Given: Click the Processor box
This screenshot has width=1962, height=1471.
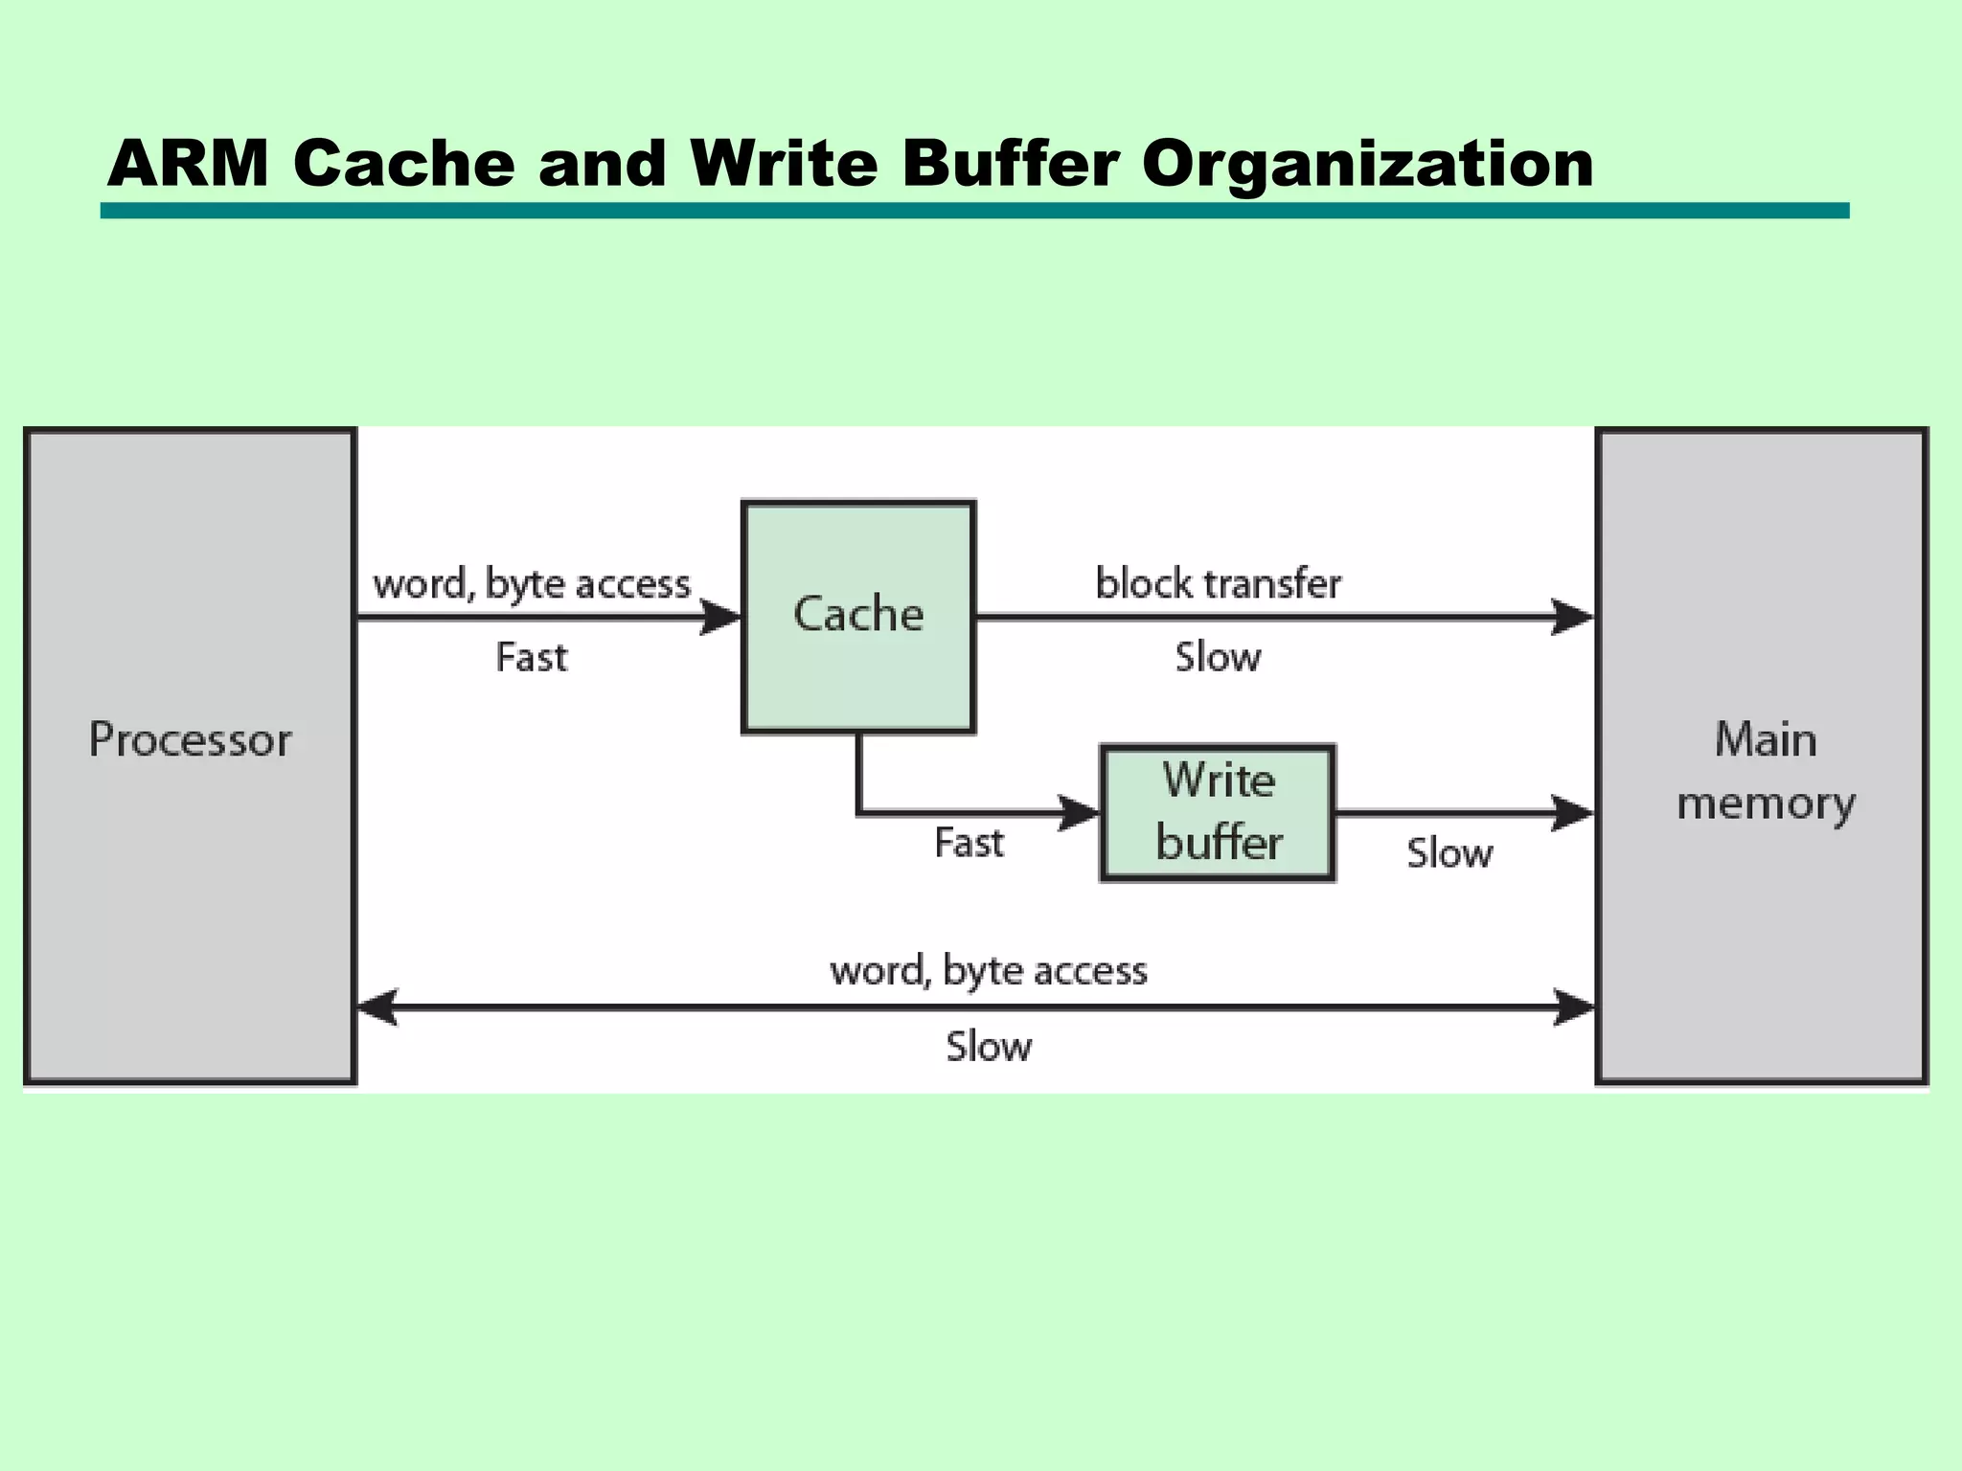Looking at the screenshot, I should (190, 756).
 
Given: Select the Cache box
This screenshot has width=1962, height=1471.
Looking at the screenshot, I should (858, 616).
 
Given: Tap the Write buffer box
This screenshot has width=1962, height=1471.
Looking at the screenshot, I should (1218, 812).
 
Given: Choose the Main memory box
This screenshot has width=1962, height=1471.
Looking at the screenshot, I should (1761, 756).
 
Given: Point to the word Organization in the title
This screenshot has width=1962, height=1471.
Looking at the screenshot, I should (1367, 165).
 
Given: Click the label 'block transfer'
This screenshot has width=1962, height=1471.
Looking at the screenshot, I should (1218, 583).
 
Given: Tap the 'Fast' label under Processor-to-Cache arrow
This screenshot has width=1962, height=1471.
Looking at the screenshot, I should (532, 657).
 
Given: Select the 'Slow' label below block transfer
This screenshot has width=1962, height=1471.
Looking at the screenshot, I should (1218, 657).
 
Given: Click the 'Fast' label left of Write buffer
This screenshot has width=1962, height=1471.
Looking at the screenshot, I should (970, 843).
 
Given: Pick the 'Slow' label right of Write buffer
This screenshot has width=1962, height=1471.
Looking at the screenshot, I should (1449, 852).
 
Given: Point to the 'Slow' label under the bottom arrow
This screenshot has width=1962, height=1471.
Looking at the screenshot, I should (989, 1046).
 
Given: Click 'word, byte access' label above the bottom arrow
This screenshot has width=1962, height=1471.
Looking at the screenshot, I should (989, 970).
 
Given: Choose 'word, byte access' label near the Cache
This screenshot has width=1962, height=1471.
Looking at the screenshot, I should (532, 583).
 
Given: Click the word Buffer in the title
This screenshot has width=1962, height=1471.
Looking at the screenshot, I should (1010, 163).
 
